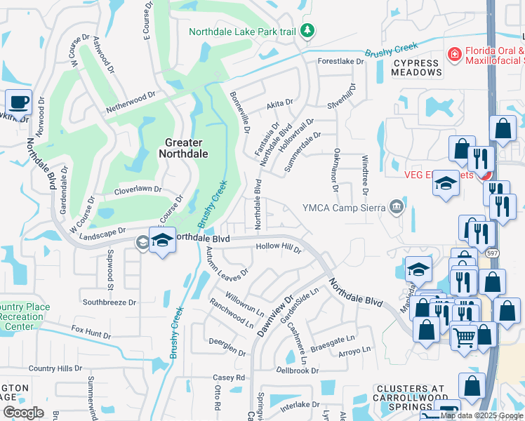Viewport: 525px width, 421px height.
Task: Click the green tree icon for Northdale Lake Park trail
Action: [x=307, y=30]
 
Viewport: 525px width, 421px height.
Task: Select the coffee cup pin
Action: [x=18, y=102]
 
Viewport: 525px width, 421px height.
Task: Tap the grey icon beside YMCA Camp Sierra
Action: [x=397, y=206]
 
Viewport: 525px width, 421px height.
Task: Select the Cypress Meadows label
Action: [x=415, y=67]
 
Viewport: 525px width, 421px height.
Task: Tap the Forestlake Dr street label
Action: [x=341, y=62]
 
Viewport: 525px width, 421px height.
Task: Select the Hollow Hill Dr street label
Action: [x=279, y=248]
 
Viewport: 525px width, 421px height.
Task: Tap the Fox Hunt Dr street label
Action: [x=91, y=332]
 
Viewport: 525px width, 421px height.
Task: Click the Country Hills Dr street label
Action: [x=55, y=368]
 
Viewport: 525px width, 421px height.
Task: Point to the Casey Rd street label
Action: [x=229, y=377]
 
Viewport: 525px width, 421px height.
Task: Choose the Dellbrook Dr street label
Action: [x=297, y=370]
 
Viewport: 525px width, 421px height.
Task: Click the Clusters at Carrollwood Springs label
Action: [x=410, y=397]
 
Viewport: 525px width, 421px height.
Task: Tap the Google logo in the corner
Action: [x=23, y=413]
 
